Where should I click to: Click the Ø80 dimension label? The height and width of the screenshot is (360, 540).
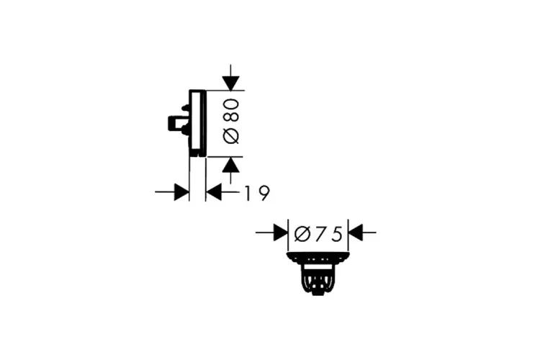[231, 122]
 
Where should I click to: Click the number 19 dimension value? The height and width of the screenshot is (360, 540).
[256, 192]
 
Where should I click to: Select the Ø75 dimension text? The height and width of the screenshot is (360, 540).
[318, 233]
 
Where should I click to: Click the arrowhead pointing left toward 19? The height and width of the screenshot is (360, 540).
[214, 192]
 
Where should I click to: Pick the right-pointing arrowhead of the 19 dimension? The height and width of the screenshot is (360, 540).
[181, 192]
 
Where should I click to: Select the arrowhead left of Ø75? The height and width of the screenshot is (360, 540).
[279, 233]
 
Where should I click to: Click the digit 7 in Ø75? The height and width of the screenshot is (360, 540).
[320, 233]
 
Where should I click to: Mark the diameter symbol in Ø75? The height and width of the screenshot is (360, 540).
[302, 233]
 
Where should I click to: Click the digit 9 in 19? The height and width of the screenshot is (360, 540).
[263, 192]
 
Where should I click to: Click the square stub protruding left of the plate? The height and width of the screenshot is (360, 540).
[174, 123]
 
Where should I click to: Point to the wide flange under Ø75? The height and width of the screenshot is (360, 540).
[318, 256]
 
